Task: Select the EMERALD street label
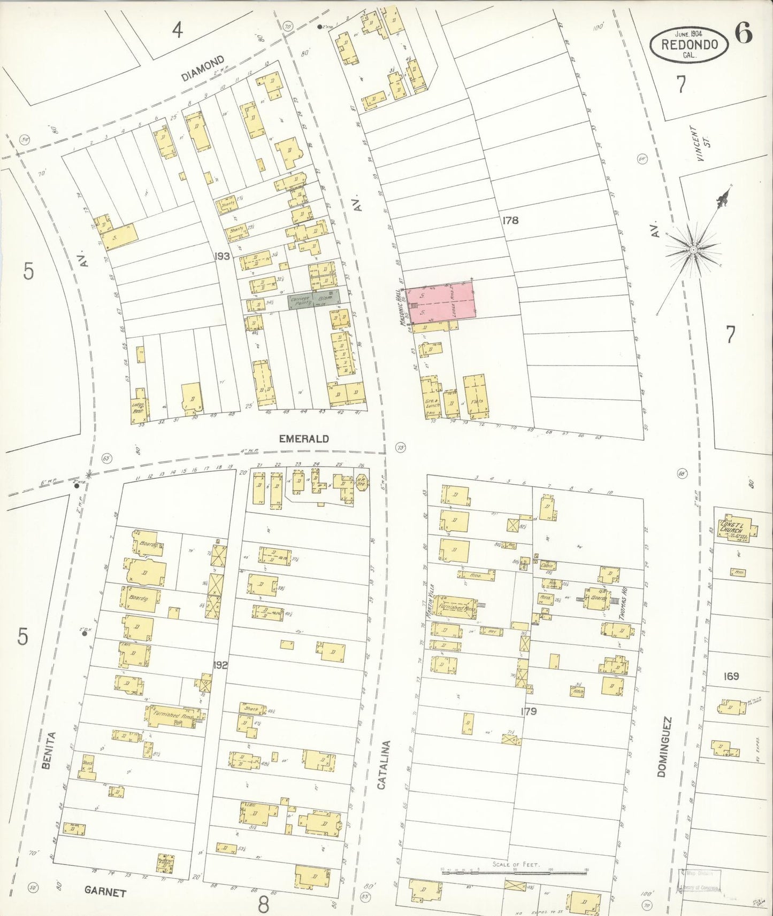pos(304,439)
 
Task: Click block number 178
pos(510,220)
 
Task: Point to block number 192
pos(220,665)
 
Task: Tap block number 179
pos(527,711)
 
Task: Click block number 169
pos(730,676)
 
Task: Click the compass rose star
pos(693,249)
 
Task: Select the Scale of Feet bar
pos(514,872)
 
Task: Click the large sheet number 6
pos(743,33)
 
